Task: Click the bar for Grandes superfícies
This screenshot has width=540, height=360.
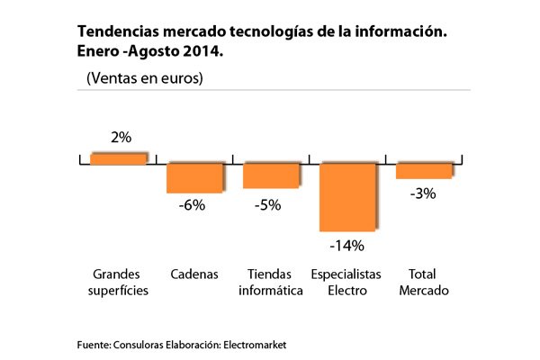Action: pos(118,158)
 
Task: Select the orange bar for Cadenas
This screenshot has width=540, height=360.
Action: pos(193,177)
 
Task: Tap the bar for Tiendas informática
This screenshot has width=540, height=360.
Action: pos(271,175)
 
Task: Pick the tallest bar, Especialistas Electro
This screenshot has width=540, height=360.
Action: pos(346,196)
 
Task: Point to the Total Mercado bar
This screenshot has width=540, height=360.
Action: pos(424,170)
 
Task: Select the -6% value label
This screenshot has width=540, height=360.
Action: pos(193,205)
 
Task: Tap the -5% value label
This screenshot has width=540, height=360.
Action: pos(268,204)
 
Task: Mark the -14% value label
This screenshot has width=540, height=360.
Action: pos(346,245)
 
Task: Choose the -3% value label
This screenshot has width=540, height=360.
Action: pos(422,193)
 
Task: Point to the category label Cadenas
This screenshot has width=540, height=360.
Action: pos(194,273)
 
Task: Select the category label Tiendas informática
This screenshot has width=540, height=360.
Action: pos(269,281)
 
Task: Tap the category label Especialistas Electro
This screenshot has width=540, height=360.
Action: pos(346,281)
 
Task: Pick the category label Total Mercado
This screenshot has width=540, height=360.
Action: pos(423,281)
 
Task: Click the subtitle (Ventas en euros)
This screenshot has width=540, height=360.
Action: pos(144,78)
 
